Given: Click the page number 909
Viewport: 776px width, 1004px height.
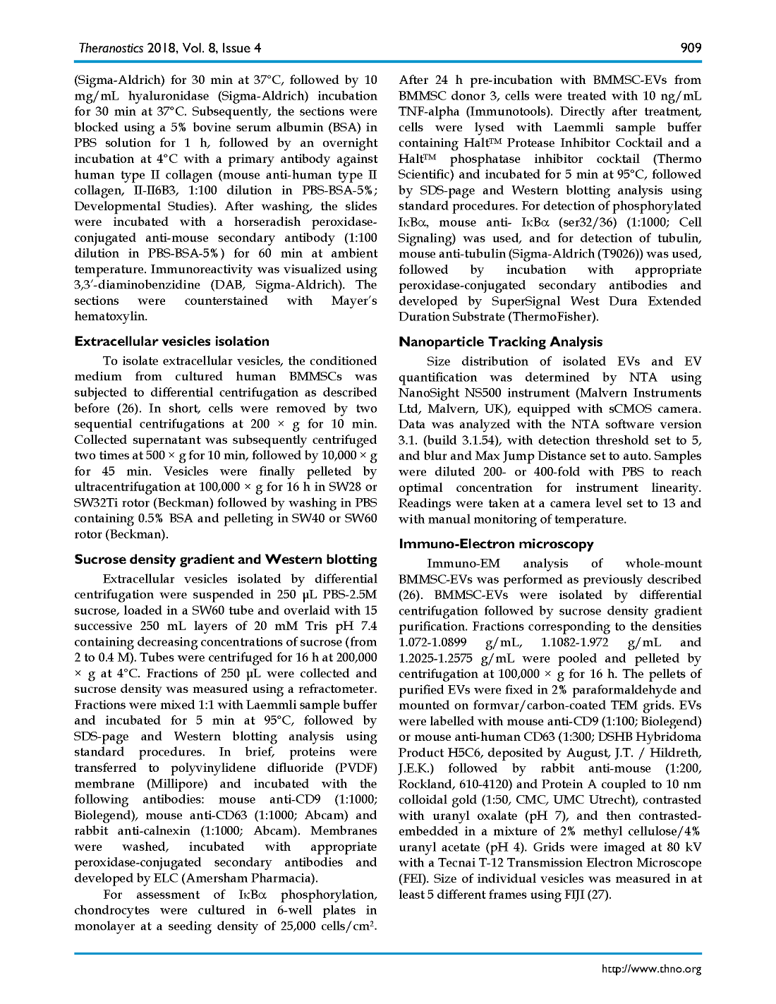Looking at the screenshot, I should pos(691,48).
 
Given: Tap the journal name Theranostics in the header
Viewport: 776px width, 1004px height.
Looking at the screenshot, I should pos(110,48).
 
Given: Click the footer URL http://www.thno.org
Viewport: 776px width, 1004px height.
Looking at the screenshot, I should pos(651,969).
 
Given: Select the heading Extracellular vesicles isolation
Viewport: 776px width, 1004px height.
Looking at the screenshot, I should pos(172,341).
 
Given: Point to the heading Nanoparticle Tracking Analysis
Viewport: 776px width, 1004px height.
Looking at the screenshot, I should pos(501,342).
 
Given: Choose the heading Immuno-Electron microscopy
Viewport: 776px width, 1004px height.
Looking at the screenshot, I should pos(496,544).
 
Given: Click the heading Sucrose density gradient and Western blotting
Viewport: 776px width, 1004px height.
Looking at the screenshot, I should pos(226,560).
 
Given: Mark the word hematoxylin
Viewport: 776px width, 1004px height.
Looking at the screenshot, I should pos(111,317).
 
